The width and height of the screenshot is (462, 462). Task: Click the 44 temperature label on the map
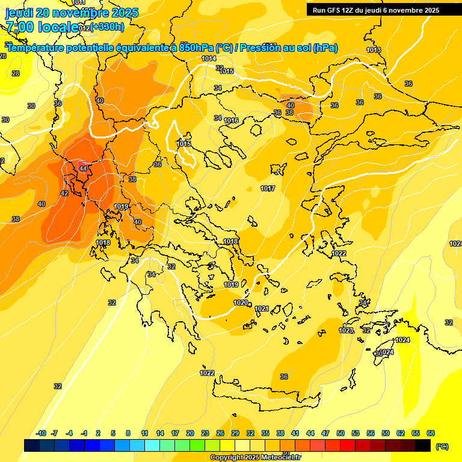click(83, 168)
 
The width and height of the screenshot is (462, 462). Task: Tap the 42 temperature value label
click(64, 193)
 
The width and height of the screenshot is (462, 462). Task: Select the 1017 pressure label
click(268, 189)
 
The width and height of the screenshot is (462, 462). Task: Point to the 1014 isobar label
click(209, 58)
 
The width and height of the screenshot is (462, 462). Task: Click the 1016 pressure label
click(231, 121)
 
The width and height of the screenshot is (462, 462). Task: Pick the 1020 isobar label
click(241, 303)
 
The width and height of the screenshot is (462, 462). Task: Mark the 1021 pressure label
click(262, 309)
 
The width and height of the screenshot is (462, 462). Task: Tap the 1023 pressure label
click(346, 330)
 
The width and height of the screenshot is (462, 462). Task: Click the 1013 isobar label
click(374, 50)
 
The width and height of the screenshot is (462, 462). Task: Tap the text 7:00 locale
click(42, 27)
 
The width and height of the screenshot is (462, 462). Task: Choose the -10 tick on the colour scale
click(41, 433)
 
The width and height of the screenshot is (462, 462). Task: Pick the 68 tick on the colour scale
click(431, 433)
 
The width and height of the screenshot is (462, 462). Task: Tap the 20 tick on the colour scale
click(189, 433)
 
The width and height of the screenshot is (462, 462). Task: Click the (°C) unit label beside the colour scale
click(442, 446)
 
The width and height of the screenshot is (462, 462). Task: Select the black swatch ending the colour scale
click(423, 445)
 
